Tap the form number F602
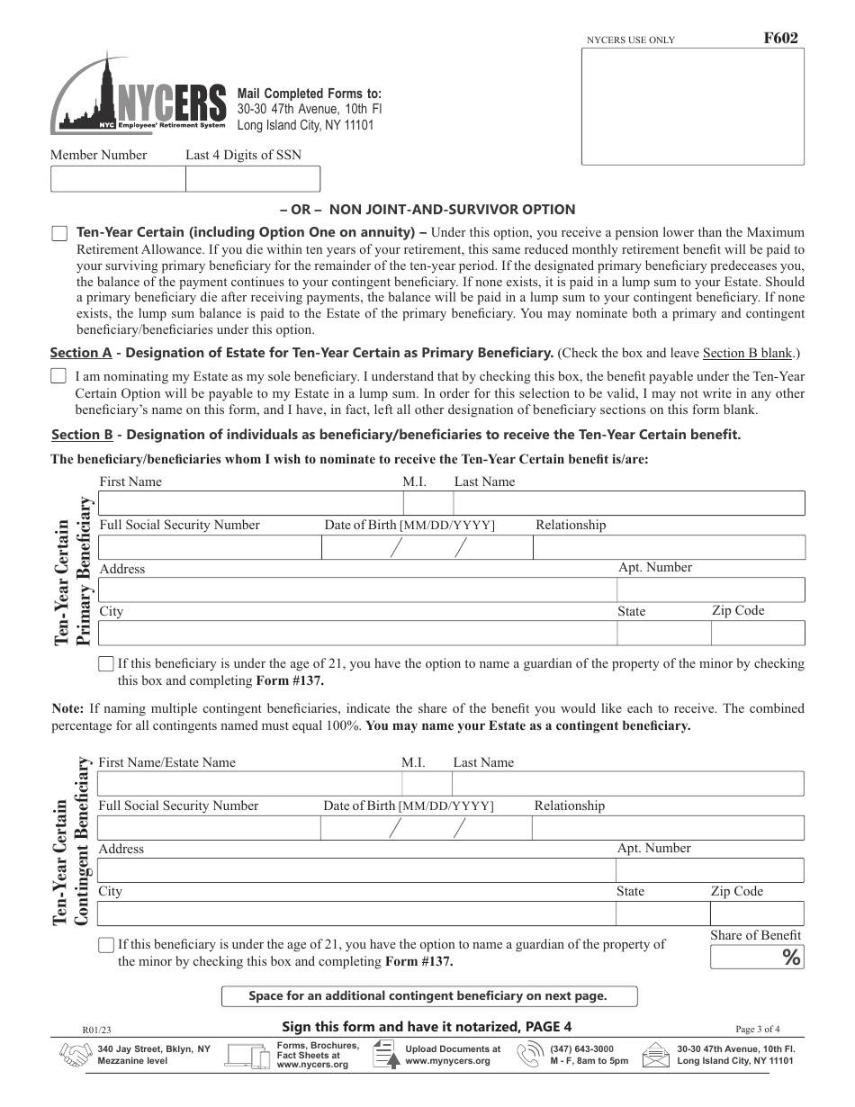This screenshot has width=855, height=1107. click(x=780, y=39)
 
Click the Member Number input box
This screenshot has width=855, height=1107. click(x=117, y=179)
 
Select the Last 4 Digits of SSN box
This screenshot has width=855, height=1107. click(x=252, y=179)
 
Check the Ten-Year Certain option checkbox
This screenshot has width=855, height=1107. click(x=59, y=234)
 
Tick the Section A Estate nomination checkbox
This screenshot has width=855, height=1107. click(x=58, y=375)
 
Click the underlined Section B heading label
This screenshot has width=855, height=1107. click(x=82, y=435)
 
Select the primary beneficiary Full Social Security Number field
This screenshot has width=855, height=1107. click(x=209, y=547)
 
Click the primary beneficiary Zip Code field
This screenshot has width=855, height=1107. click(x=757, y=633)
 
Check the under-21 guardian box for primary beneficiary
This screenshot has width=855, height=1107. click(x=106, y=664)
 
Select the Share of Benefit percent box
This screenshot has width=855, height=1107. click(x=756, y=958)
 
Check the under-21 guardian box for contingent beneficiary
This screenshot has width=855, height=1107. click(x=106, y=945)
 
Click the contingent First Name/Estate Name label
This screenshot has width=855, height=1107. click(x=166, y=762)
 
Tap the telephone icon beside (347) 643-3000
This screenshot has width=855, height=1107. click(x=531, y=1055)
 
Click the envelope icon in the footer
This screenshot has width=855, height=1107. click(x=656, y=1055)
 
